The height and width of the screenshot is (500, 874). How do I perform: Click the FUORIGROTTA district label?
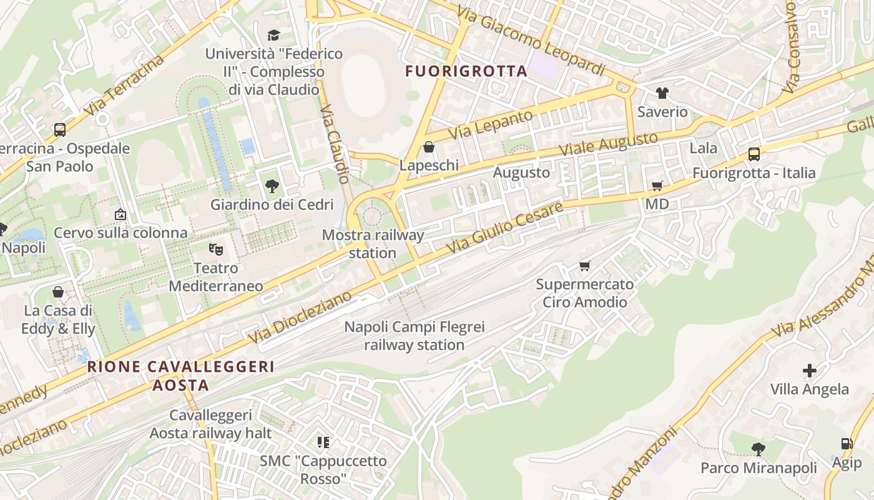click(466, 71)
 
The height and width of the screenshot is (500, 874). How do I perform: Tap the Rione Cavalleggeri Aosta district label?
click(180, 375)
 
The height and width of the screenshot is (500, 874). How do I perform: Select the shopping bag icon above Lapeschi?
click(429, 147)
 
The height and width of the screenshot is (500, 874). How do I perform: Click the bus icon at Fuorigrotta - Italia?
click(754, 154)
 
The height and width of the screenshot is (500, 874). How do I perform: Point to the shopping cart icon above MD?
click(657, 186)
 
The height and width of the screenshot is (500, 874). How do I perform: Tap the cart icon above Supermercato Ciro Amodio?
click(585, 266)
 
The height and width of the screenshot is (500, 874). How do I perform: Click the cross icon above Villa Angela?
click(810, 371)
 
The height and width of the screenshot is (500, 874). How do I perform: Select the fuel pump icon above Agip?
click(847, 444)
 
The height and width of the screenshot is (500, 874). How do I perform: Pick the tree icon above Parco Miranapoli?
click(759, 449)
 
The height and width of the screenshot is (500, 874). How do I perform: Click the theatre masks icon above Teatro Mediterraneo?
click(216, 249)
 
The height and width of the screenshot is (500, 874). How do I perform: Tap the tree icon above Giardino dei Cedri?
click(272, 186)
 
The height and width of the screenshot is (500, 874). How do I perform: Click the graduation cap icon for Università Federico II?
click(273, 35)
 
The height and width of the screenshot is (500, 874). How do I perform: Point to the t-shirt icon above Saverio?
click(662, 93)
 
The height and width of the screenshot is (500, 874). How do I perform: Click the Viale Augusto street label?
click(608, 144)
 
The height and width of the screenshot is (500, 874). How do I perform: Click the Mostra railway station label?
click(373, 244)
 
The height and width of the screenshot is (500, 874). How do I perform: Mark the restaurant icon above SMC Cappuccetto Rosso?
click(323, 442)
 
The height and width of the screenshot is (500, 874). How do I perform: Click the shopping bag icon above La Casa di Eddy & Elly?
click(58, 292)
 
